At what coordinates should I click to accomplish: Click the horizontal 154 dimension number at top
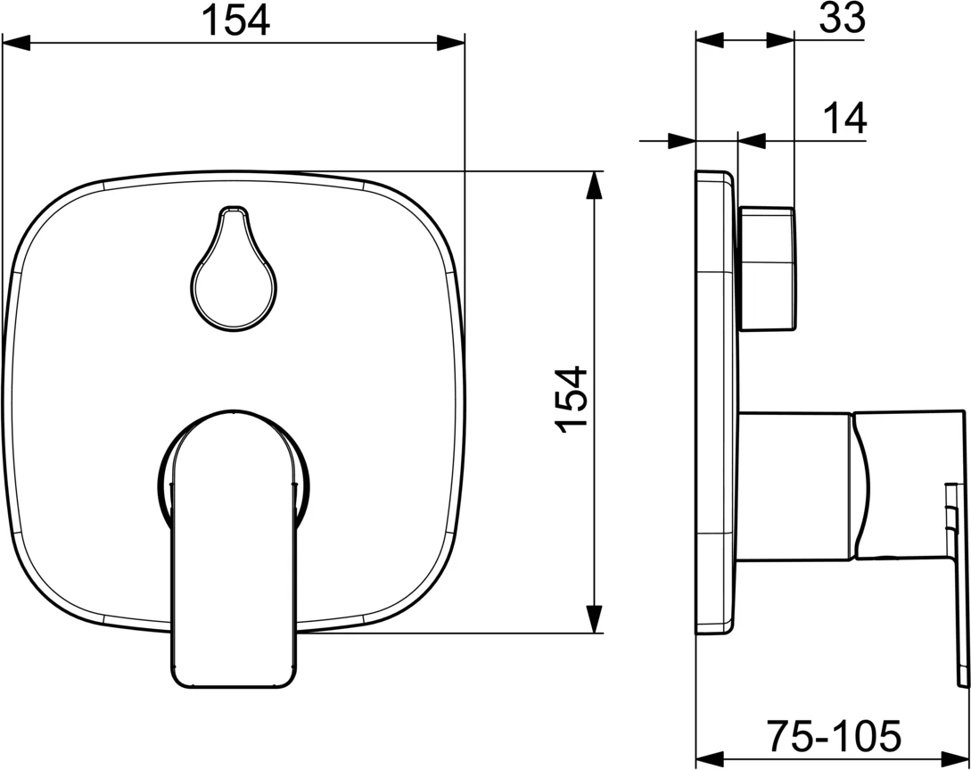click(x=236, y=21)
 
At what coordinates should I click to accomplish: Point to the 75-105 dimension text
click(x=835, y=736)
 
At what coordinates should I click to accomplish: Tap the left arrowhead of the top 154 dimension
click(x=16, y=43)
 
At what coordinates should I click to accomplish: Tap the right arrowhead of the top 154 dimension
click(x=451, y=43)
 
